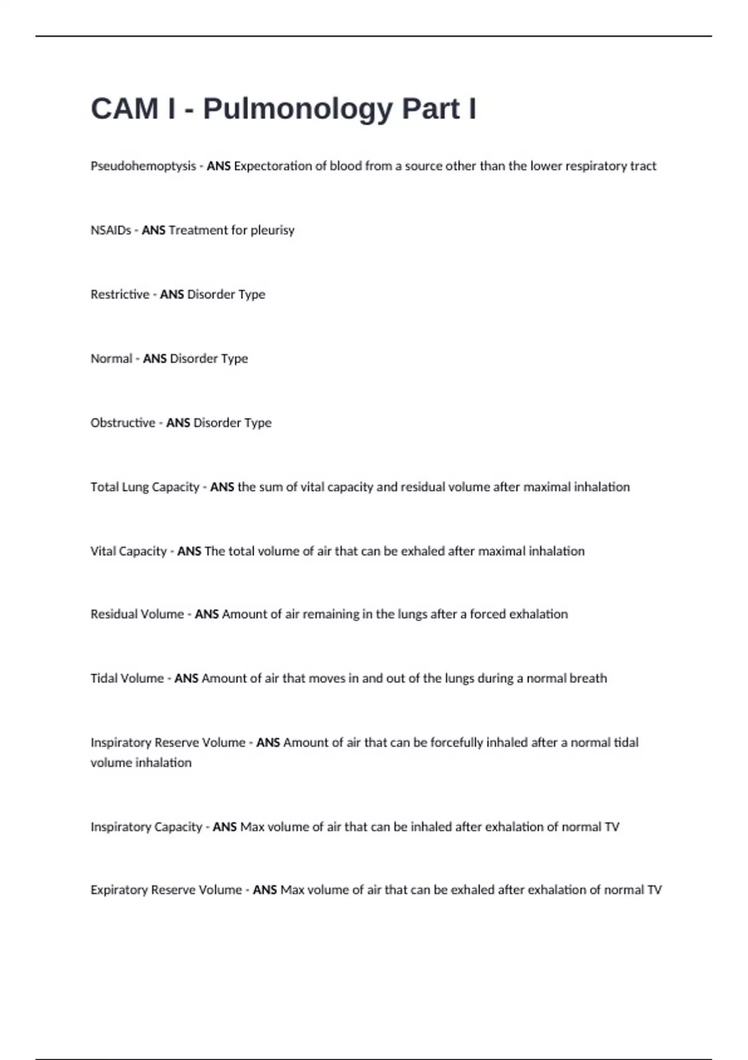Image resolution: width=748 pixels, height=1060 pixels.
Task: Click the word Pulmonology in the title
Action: [x=298, y=109]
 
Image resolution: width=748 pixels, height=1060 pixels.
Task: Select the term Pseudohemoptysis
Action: [x=143, y=166]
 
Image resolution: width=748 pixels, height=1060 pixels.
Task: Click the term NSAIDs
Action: [x=111, y=231]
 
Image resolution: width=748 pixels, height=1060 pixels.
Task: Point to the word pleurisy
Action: [x=272, y=231]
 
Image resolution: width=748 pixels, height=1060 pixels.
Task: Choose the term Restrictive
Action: [x=120, y=294]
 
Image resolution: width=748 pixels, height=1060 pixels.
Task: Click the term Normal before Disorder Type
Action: [x=112, y=359]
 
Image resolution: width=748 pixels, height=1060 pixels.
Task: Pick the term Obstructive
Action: [x=123, y=423]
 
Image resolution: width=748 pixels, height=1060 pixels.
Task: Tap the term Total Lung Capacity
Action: [x=145, y=487]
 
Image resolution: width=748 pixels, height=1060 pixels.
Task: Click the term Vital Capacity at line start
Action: [x=128, y=551]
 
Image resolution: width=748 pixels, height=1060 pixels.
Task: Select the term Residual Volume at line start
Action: [x=137, y=614]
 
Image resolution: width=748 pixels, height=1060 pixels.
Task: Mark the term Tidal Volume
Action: [x=127, y=678]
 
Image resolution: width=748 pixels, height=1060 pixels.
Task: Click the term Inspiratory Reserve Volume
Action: [x=168, y=743]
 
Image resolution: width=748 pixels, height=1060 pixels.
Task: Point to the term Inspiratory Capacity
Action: [x=146, y=827]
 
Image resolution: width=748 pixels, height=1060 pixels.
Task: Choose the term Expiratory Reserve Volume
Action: [x=166, y=890]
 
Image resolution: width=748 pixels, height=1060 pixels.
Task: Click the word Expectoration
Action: [x=272, y=166]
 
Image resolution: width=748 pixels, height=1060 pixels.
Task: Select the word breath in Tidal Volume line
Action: [x=590, y=678]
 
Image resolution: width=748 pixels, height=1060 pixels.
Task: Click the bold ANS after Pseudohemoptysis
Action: [x=219, y=166]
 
